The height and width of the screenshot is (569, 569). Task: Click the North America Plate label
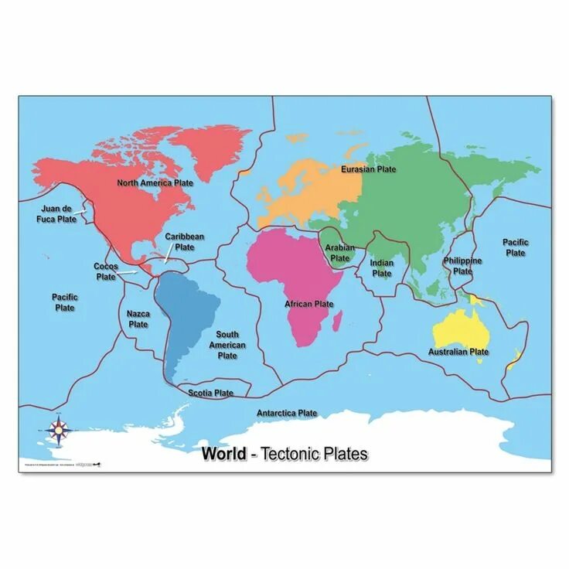tap(155, 183)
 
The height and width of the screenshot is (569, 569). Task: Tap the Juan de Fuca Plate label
tap(59, 214)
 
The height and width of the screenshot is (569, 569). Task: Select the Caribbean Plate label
tap(185, 242)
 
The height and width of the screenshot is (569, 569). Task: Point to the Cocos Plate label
tap(106, 271)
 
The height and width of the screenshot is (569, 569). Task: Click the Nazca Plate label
tap(138, 319)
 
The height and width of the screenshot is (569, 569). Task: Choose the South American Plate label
tap(227, 346)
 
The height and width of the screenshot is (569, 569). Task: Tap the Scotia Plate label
tap(211, 394)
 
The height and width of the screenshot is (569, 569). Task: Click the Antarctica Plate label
tap(287, 414)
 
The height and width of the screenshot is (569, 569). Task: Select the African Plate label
tap(309, 305)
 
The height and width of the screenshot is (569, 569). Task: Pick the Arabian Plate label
tap(340, 253)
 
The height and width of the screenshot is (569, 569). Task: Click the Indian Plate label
tap(382, 268)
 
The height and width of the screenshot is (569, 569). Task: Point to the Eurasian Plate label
tap(369, 169)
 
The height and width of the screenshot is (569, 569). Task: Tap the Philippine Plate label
tap(463, 266)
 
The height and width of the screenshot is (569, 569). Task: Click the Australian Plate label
tap(458, 352)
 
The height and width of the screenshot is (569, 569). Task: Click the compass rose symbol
tap(59, 430)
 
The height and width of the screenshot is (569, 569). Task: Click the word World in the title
tap(224, 455)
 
